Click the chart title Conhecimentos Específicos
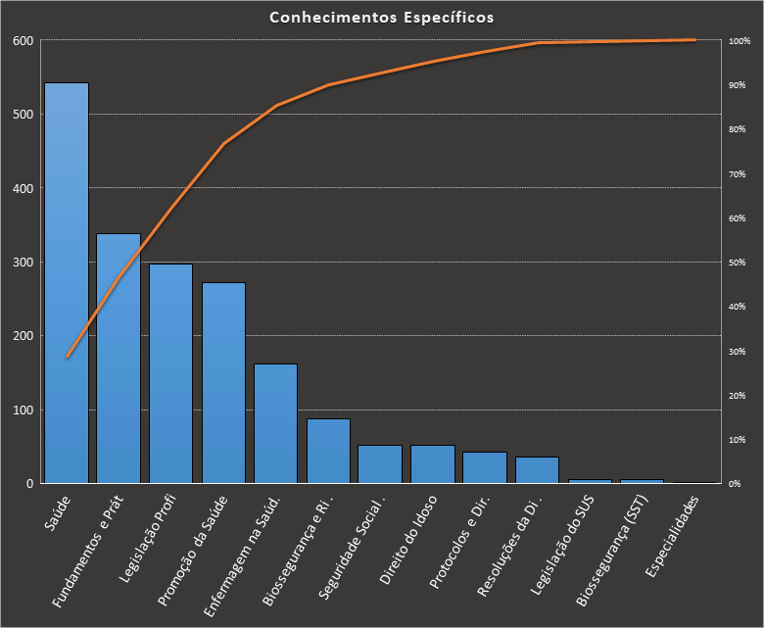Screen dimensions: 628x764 (x=382, y=18)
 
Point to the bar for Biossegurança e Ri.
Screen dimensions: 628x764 (x=328, y=451)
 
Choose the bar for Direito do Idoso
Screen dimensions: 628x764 (x=433, y=464)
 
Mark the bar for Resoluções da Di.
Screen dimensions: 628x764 (x=537, y=470)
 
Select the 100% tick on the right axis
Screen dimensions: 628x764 (x=740, y=41)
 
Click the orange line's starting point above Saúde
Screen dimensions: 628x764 (x=67, y=357)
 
